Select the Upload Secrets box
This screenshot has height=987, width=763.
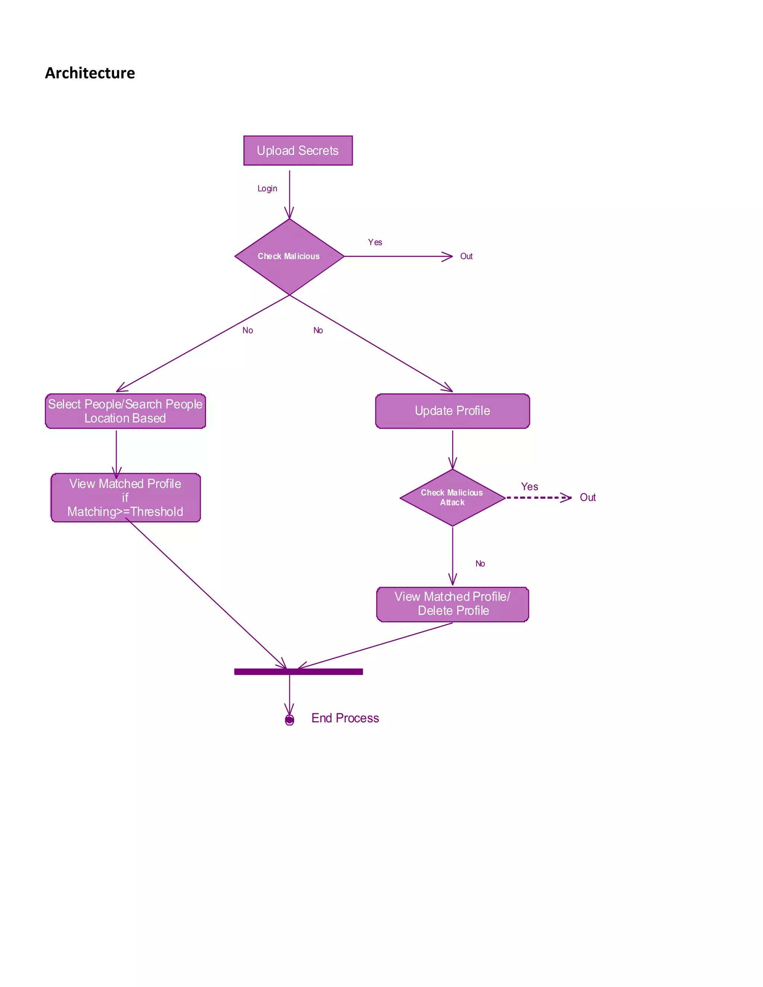pos(298,150)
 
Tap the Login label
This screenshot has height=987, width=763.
pos(267,188)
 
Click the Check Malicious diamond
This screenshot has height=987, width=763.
pos(289,257)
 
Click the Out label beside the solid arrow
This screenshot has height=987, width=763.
pos(466,257)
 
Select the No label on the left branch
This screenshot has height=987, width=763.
pos(247,330)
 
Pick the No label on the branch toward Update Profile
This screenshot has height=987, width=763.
pos(318,330)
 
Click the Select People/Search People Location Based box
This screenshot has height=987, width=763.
pos(125,411)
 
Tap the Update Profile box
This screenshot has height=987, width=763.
pos(452,411)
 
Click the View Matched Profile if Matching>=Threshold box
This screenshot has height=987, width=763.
pos(125,498)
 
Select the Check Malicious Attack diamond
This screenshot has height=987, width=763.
pos(452,498)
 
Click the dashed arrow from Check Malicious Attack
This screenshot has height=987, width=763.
pos(538,498)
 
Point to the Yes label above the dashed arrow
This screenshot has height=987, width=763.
pos(529,487)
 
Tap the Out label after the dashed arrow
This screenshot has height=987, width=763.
pos(588,498)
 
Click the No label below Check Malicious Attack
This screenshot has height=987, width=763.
pos(479,564)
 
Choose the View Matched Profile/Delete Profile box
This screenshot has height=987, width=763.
pos(452,604)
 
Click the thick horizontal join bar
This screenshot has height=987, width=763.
pos(298,672)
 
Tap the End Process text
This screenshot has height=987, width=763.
pos(345,718)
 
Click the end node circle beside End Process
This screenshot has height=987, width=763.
pos(289,720)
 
